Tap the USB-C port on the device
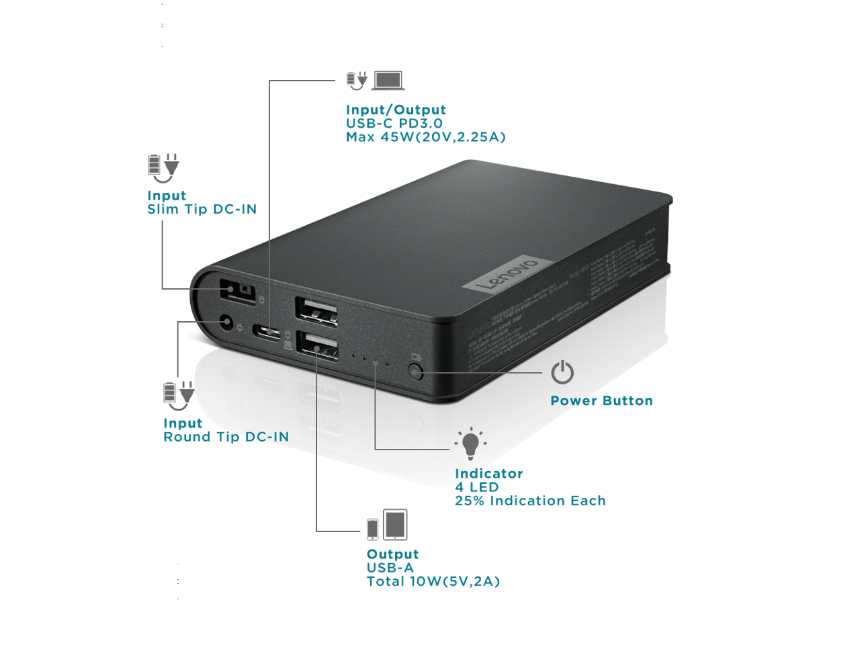click(x=267, y=331)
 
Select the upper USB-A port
click(x=316, y=311)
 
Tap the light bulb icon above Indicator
click(x=470, y=443)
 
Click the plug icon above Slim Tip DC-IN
click(x=163, y=168)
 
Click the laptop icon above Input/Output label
click(x=388, y=81)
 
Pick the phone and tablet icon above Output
click(x=387, y=525)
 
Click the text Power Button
click(x=601, y=401)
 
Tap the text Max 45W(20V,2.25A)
click(x=425, y=137)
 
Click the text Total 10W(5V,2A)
click(x=433, y=582)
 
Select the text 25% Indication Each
click(x=530, y=501)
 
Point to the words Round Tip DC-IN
click(x=226, y=437)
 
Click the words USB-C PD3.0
click(x=394, y=124)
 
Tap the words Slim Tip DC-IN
click(x=202, y=210)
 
